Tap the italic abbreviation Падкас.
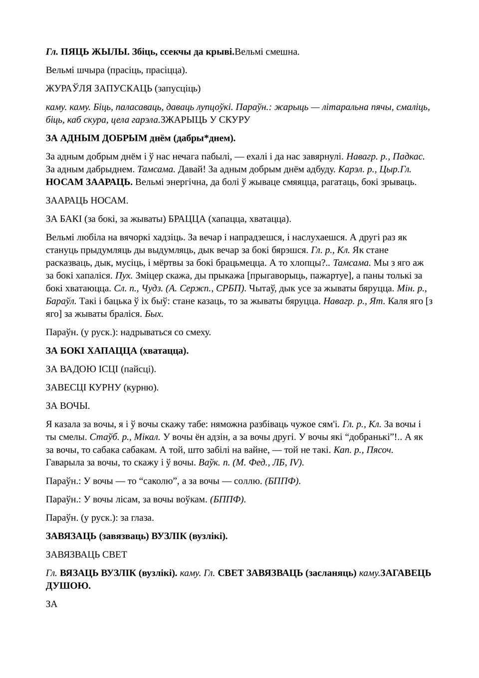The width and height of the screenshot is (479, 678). [409, 156]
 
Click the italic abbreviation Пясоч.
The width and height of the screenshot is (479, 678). [380, 450]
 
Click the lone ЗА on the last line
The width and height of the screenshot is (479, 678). [52, 604]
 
